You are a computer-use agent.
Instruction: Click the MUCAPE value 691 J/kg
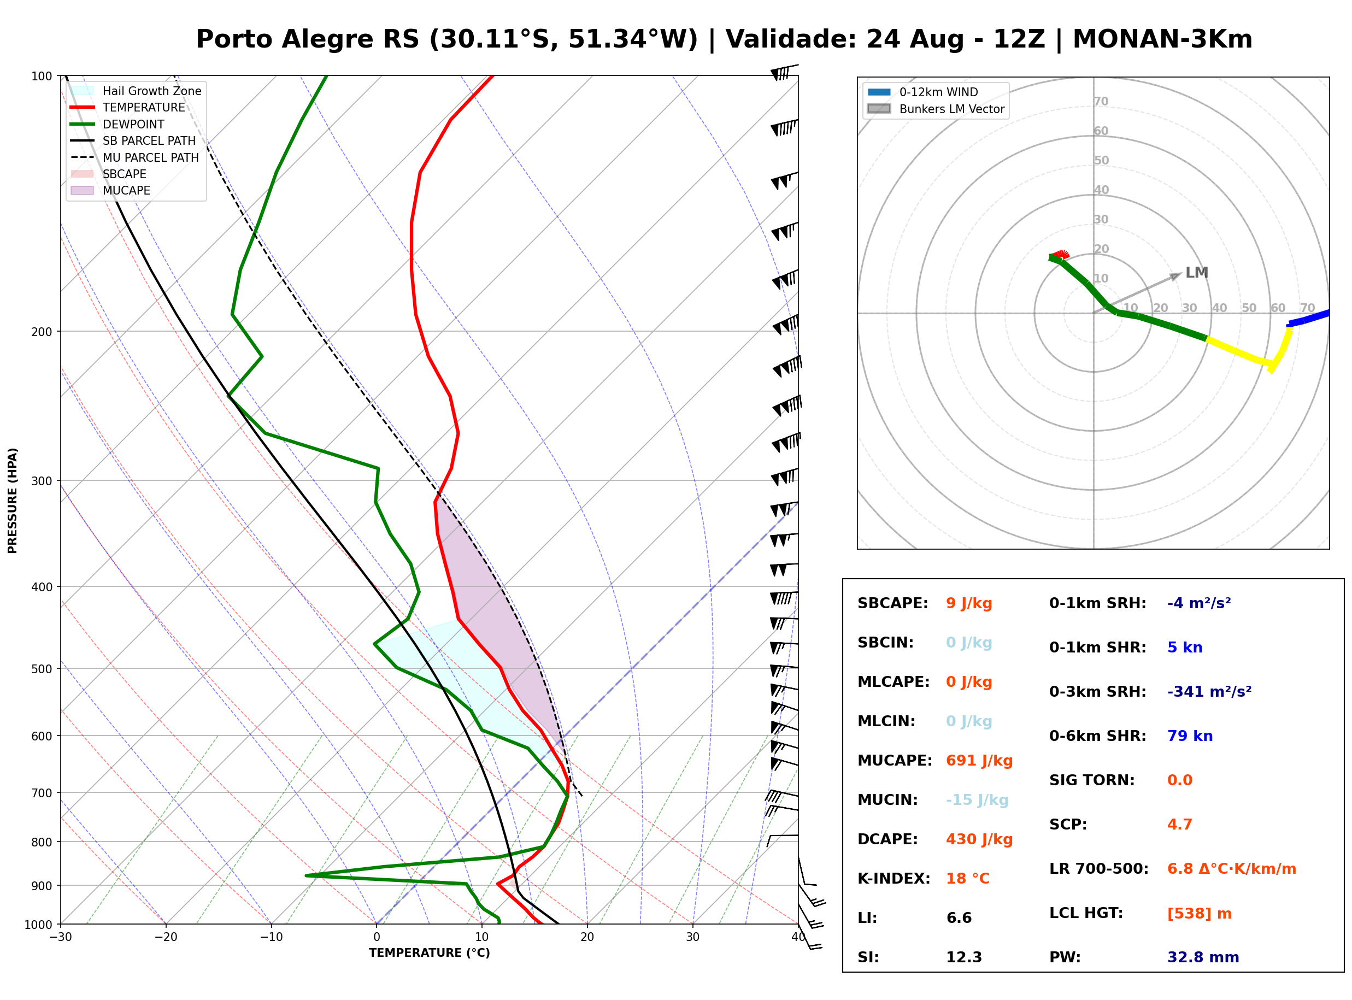979,760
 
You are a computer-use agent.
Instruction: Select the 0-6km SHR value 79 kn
1189,736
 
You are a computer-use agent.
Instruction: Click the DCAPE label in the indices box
887,839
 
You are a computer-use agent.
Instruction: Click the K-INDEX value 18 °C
967,878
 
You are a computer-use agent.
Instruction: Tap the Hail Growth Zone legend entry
136,91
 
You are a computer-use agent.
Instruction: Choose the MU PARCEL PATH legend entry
134,157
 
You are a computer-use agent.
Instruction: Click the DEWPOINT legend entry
117,124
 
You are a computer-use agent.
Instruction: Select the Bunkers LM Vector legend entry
936,109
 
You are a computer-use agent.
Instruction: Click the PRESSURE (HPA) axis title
13,501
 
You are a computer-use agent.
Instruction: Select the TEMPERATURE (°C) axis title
429,953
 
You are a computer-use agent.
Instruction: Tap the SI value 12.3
963,957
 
